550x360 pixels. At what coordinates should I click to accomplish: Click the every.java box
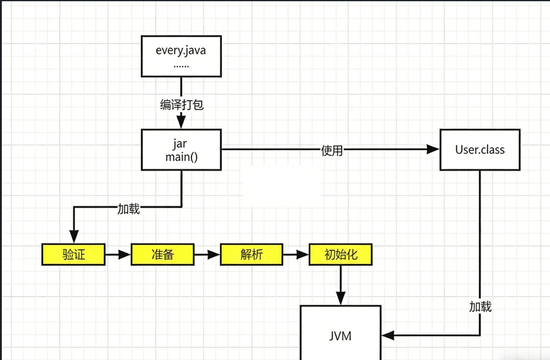[181, 56]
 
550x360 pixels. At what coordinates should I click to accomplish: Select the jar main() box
[181, 149]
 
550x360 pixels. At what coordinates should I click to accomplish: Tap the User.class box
[480, 149]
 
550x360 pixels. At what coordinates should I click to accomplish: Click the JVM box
[341, 333]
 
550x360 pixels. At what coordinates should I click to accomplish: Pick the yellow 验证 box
[74, 254]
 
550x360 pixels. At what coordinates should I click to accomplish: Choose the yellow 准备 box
[163, 254]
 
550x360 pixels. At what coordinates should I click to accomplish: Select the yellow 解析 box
[252, 254]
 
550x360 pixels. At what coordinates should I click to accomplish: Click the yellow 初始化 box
[340, 254]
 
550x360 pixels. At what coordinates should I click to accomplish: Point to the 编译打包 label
[182, 104]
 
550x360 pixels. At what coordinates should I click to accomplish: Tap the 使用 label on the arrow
[332, 151]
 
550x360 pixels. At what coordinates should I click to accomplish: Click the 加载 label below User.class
[481, 307]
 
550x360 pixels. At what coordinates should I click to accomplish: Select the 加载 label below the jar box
[129, 209]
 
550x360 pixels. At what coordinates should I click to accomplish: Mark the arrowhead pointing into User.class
[433, 149]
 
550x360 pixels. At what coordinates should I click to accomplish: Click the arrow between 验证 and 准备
[118, 254]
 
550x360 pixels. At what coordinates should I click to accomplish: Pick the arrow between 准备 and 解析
[207, 254]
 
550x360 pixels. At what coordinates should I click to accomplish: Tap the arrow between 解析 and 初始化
[295, 254]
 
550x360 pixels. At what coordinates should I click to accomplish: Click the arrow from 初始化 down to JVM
[341, 285]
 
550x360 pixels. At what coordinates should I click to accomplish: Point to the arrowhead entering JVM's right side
[387, 336]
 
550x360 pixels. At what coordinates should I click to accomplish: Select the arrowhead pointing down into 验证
[74, 237]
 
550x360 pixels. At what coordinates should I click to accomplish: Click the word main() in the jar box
[182, 157]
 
